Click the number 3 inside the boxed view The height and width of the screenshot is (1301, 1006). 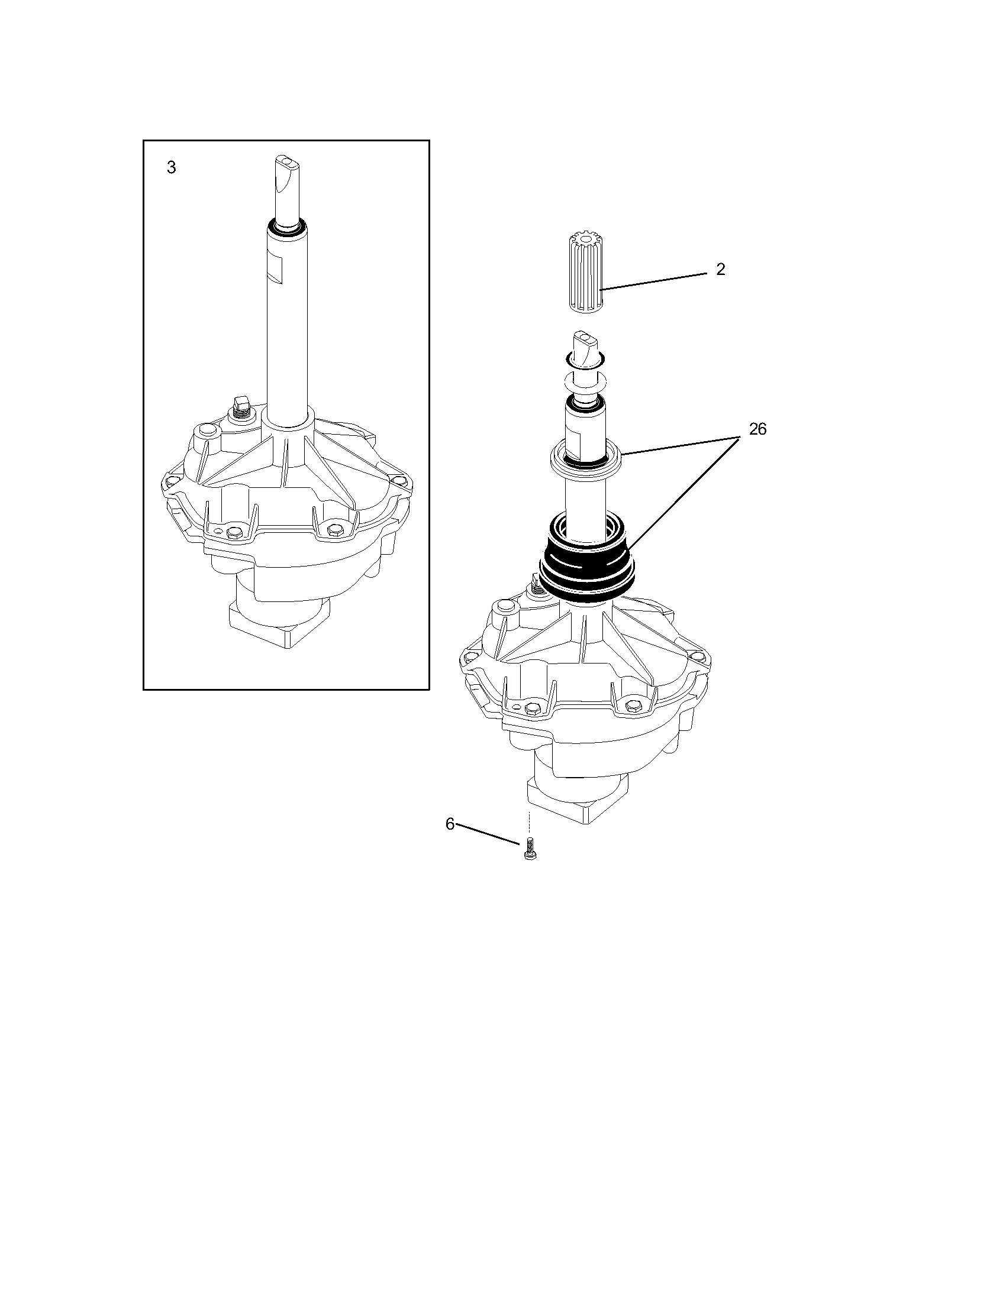point(172,168)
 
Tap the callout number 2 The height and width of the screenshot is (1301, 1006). point(721,270)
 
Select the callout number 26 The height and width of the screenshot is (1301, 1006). point(757,429)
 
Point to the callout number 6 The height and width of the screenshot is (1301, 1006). point(450,824)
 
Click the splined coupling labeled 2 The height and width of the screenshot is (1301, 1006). point(584,274)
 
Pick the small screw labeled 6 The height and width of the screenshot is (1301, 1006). point(528,849)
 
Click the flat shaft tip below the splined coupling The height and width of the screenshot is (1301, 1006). point(585,345)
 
